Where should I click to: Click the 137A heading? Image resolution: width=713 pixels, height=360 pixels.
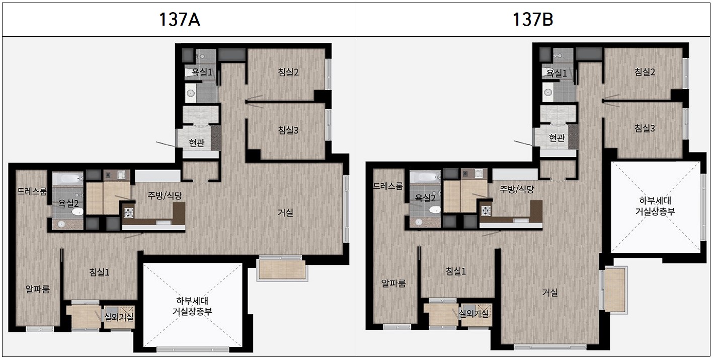(x=179, y=20)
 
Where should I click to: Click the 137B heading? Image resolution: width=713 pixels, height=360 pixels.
(x=533, y=20)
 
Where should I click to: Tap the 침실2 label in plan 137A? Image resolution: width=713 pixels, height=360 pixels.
(x=288, y=73)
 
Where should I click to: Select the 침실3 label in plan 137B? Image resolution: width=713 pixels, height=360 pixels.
(x=645, y=128)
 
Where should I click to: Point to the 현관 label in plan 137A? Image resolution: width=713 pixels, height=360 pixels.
(x=196, y=142)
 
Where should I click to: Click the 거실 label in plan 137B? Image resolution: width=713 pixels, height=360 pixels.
(x=550, y=292)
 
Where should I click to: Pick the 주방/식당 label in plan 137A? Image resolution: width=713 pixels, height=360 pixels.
(x=165, y=195)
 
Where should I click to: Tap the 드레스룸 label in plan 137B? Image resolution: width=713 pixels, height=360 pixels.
(x=388, y=186)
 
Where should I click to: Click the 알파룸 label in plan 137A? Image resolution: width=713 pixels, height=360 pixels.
(x=38, y=289)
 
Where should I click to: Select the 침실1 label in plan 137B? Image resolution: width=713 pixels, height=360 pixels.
(x=456, y=271)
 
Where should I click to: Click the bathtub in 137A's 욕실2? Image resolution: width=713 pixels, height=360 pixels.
(x=68, y=178)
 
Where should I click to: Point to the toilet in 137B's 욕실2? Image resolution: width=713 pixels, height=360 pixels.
(x=435, y=209)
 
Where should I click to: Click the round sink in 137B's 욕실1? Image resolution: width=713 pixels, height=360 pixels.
(x=548, y=92)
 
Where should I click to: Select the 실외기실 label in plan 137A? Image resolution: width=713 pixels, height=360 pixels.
(x=119, y=317)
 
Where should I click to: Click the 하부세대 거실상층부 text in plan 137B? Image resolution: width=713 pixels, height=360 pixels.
(x=655, y=206)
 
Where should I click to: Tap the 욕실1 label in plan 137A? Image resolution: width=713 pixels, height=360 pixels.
(x=202, y=73)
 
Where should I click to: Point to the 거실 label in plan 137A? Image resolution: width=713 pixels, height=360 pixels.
(x=285, y=212)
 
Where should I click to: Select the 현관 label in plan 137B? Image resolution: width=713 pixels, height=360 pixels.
(x=557, y=138)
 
